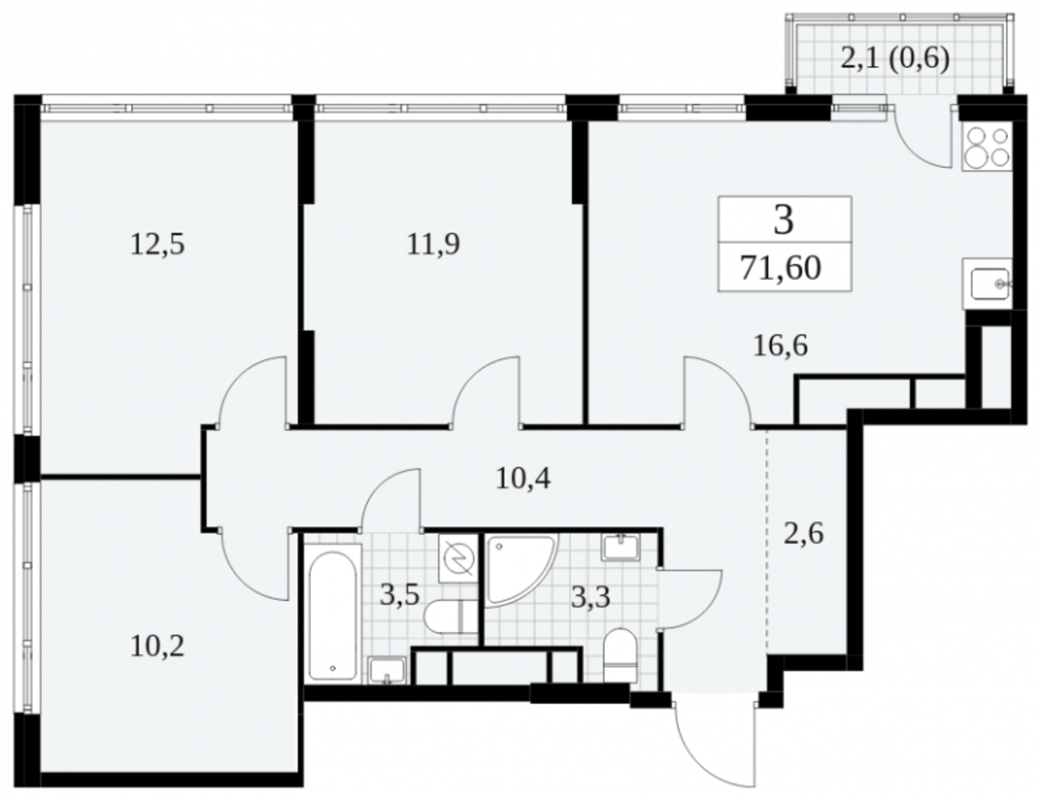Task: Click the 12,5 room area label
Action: point(157,245)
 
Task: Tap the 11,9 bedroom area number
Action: point(433,244)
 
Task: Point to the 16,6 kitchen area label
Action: point(780,345)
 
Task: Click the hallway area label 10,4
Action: point(523,478)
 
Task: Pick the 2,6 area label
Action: point(803,534)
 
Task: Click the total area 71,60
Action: point(780,268)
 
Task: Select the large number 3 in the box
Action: point(783,220)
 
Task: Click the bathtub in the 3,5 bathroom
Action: point(333,616)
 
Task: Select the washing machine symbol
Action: point(458,558)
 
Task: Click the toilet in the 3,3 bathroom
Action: point(621,655)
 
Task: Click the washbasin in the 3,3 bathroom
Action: point(621,546)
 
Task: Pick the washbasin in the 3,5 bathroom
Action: point(387,670)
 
